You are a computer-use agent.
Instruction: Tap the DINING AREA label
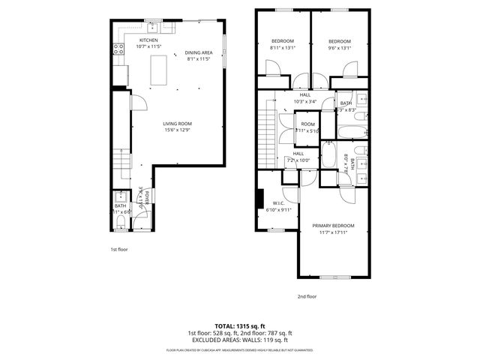point(199,52)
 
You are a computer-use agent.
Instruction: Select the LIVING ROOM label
point(178,124)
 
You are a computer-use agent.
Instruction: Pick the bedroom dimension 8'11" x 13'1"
point(282,48)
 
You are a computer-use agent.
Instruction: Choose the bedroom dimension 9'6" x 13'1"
point(339,48)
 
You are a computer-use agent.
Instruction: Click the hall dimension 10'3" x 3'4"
point(306,101)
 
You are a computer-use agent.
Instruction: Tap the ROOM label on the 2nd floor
point(307,124)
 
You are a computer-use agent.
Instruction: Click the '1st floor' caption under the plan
point(119,248)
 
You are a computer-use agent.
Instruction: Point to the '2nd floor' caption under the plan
point(307,296)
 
